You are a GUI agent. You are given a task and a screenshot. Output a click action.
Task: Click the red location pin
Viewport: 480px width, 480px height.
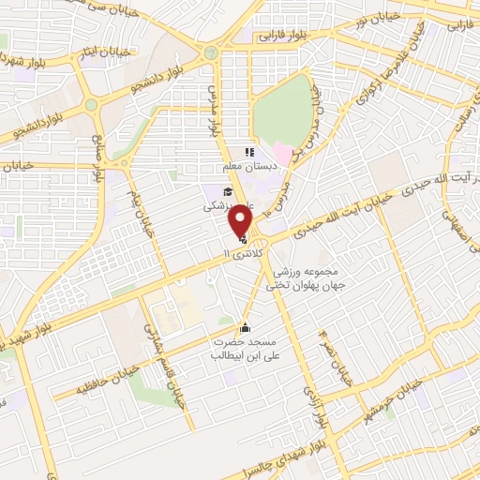point(241,220)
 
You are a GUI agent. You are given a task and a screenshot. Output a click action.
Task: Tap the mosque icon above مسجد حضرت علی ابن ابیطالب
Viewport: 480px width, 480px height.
point(246,327)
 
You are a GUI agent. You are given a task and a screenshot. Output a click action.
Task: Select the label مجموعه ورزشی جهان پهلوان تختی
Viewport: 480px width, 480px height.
point(305,277)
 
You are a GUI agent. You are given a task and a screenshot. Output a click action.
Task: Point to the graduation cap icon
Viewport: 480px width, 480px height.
point(216,191)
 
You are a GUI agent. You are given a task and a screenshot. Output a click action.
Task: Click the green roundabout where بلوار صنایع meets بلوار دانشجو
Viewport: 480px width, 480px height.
point(91,105)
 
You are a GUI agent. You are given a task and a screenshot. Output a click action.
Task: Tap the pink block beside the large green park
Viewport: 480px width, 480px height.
point(283,152)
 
